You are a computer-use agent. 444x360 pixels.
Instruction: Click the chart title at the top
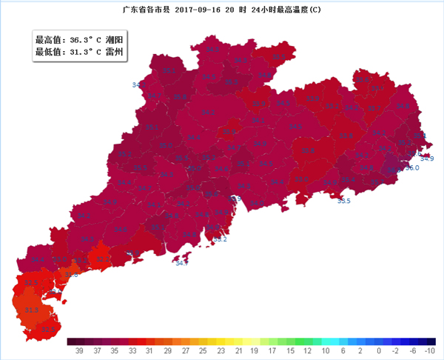coord(222,10)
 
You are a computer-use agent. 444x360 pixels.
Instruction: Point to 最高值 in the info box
coord(49,39)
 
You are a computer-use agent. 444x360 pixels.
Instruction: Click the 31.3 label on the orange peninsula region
coord(31,310)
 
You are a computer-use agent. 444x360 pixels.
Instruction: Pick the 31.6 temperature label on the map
coord(72,275)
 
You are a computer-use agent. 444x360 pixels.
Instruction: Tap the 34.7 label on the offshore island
coord(181,263)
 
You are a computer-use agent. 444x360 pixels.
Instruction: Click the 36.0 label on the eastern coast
coord(412,168)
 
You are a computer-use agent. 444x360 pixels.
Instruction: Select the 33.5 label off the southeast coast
coord(344,201)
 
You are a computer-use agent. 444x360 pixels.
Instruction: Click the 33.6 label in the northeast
coord(362,79)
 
